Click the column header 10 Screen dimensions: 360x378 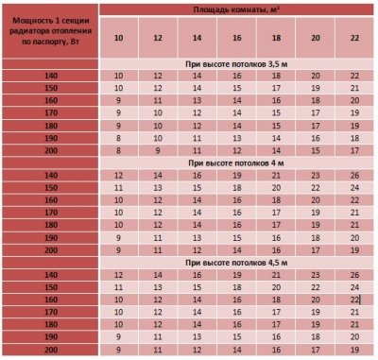coord(119,37)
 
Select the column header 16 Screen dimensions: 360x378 coord(235,37)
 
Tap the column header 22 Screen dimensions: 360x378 coord(352,37)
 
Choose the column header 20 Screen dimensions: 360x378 coord(314,37)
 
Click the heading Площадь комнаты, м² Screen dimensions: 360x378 coord(236,9)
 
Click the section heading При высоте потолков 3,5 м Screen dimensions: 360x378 coord(236,62)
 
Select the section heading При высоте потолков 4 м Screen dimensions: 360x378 coord(236,162)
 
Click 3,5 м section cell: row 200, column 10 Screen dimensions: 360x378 coord(119,149)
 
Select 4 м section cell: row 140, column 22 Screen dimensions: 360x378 coord(352,175)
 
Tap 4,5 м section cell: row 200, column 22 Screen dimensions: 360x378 coord(352,349)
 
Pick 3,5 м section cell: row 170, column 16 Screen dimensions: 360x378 coord(235,112)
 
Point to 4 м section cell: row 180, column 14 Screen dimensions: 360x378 coord(197,224)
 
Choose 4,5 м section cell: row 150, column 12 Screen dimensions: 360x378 coord(158,285)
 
